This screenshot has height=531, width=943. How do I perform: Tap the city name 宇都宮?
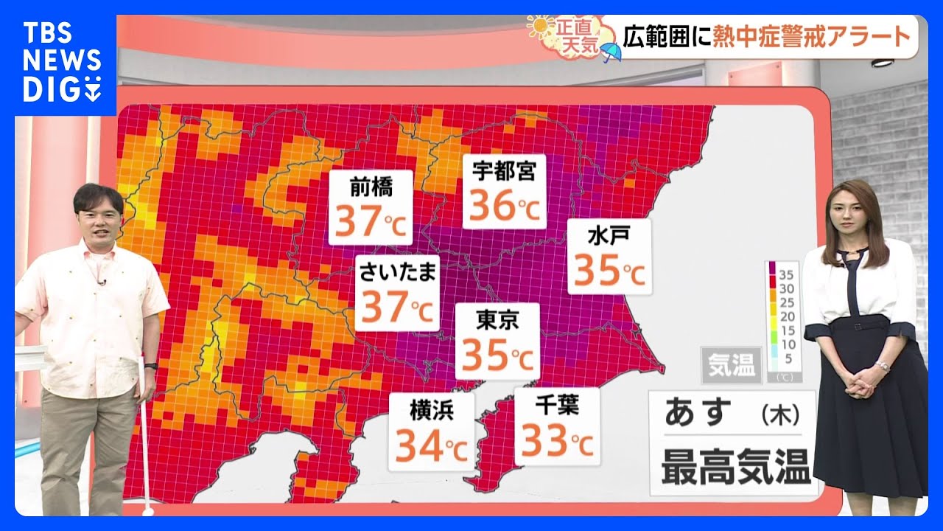point(505,171)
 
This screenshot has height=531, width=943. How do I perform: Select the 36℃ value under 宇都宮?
point(505,206)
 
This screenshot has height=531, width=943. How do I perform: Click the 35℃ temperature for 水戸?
point(609,271)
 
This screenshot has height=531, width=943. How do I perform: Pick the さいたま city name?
point(398,272)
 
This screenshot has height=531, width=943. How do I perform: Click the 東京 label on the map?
point(497,319)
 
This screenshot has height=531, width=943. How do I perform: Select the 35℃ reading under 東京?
point(497,356)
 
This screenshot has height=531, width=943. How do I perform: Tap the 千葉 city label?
point(557,404)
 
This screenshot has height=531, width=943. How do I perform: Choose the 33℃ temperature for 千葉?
point(557,441)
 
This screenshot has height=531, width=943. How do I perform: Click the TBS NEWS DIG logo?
point(62,62)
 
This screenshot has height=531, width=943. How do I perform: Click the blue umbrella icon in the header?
point(611,52)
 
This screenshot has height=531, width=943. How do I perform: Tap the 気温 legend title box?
point(732,366)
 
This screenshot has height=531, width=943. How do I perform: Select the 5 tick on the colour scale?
point(787,359)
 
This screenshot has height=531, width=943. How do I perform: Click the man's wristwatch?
point(150,365)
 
